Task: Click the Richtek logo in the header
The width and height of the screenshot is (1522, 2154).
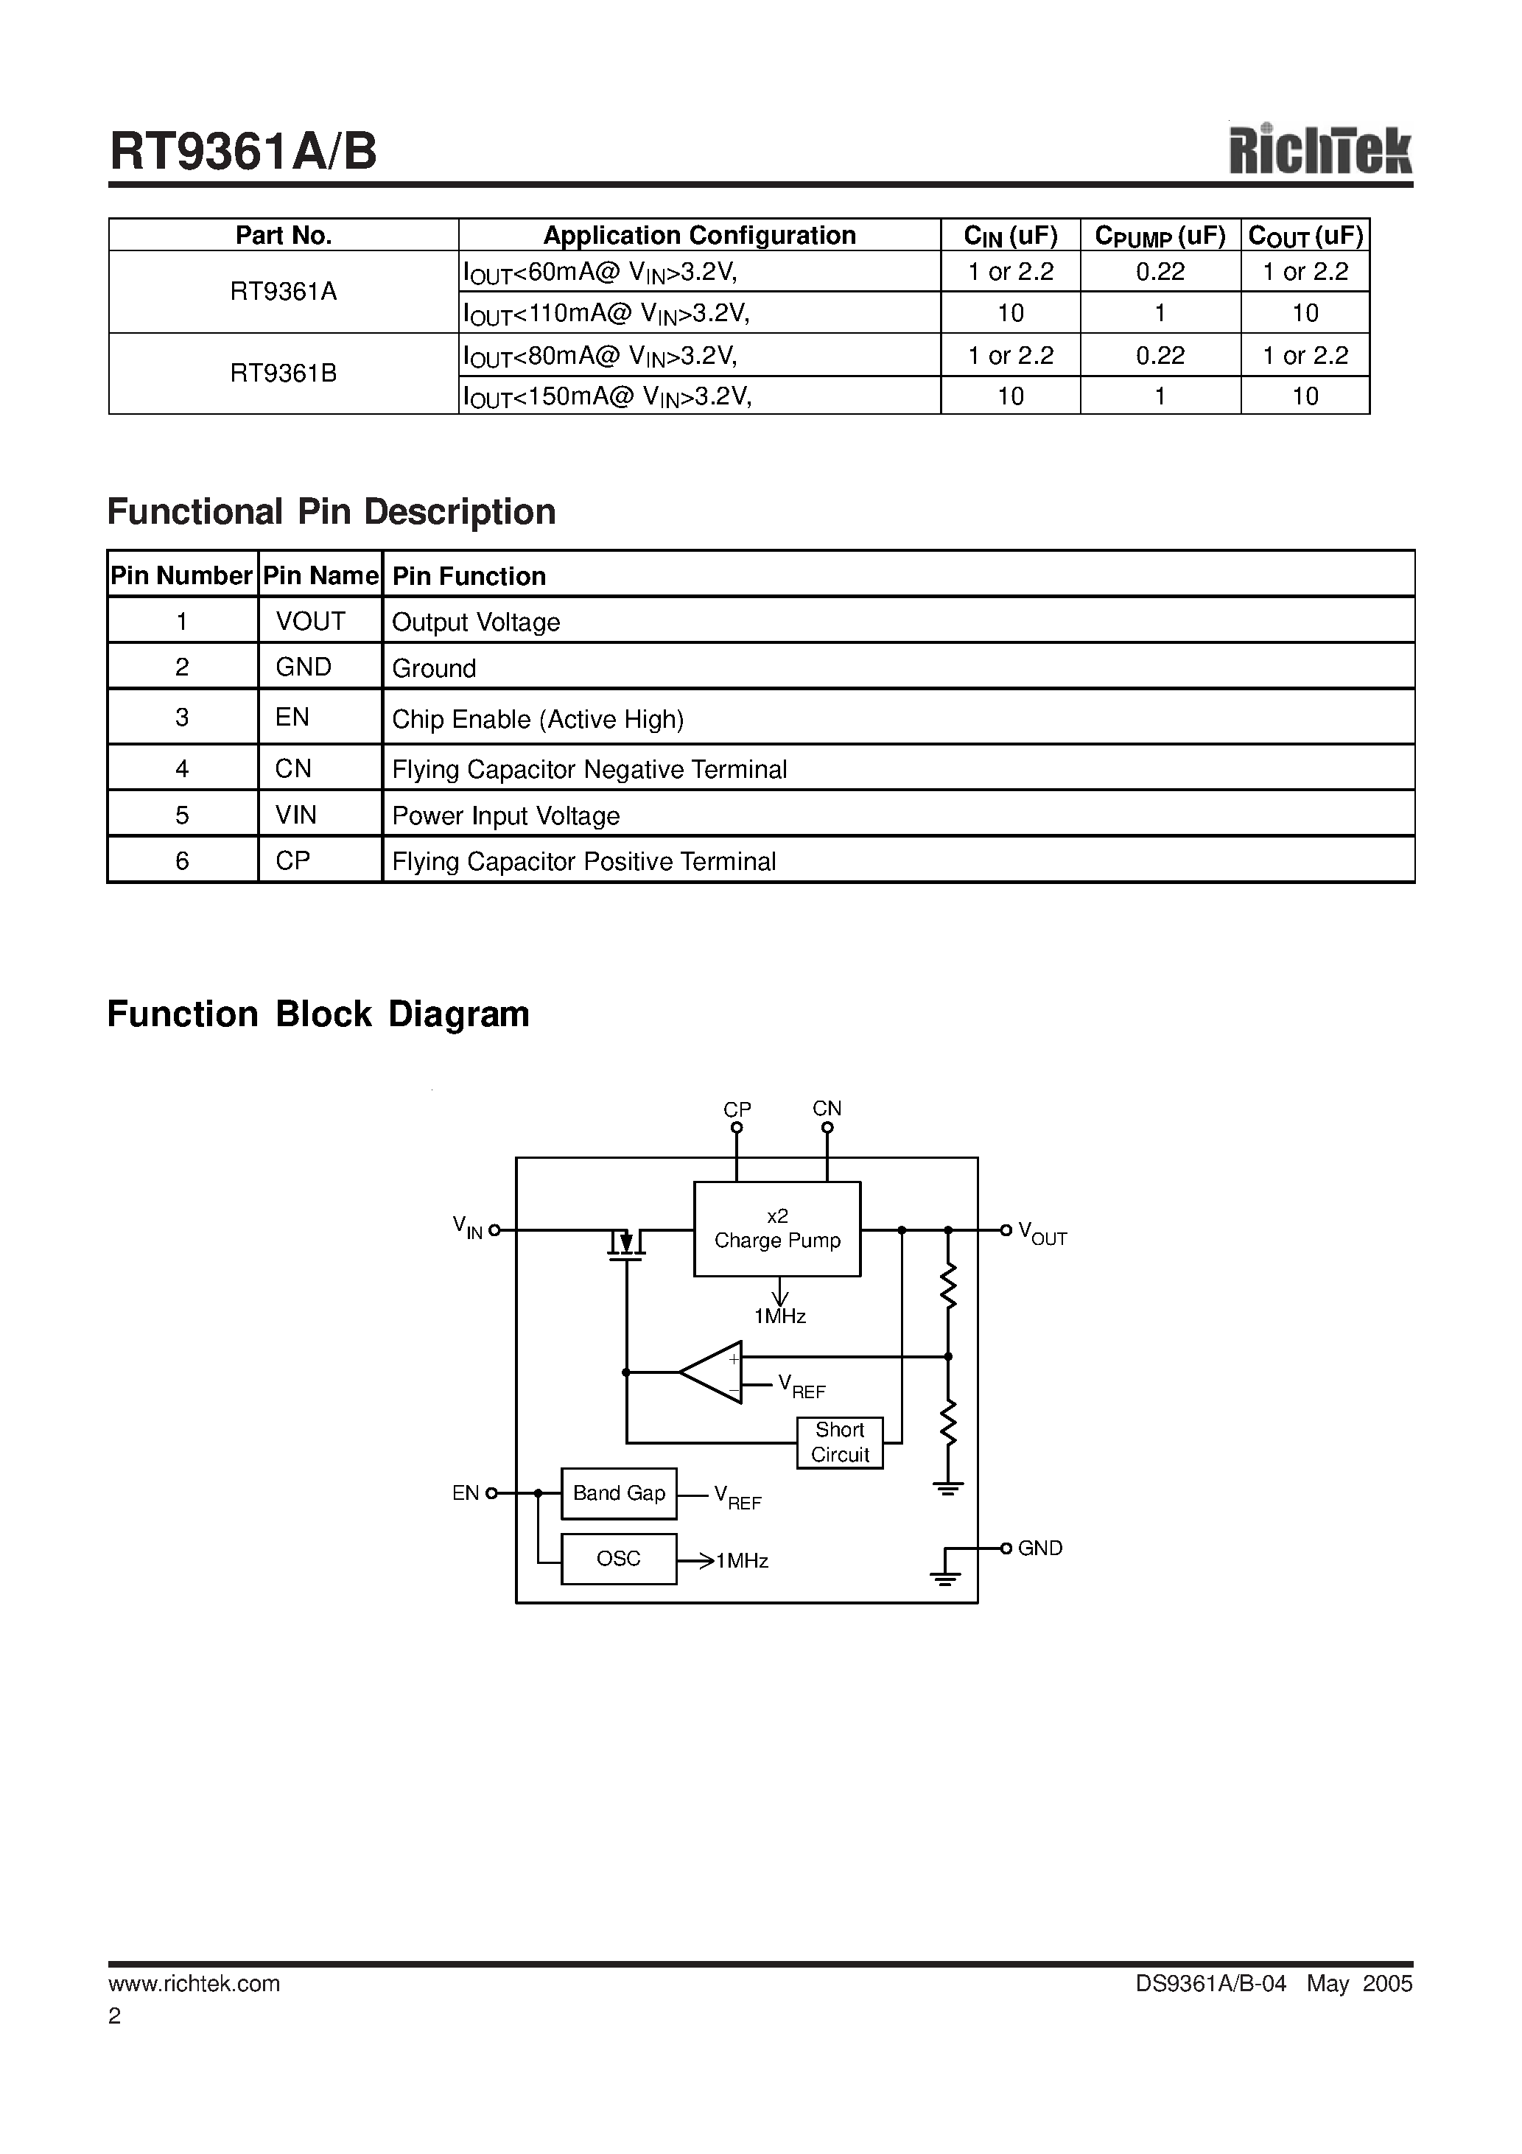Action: (x=1319, y=150)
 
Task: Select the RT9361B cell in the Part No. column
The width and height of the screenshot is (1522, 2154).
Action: (x=284, y=373)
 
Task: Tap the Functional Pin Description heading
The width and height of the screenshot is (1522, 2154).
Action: (x=332, y=512)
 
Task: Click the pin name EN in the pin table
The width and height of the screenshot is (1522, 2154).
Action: (x=292, y=718)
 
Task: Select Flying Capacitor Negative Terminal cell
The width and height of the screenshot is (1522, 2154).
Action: (x=589, y=769)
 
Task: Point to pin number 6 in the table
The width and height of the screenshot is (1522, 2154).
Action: (x=182, y=860)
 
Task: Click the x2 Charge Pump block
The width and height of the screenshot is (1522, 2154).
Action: (x=777, y=1229)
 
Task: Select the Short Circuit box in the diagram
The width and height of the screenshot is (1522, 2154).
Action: (x=840, y=1442)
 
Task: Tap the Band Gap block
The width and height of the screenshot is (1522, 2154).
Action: (x=618, y=1492)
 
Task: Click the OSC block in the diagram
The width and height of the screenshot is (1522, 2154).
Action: (x=618, y=1558)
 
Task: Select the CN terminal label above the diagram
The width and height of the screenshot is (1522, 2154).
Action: (x=827, y=1108)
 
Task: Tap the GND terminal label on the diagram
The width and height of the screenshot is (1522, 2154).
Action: (x=1039, y=1548)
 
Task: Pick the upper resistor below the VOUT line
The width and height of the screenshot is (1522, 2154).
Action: (x=947, y=1286)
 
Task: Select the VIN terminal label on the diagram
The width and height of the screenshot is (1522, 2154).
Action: (x=467, y=1226)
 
